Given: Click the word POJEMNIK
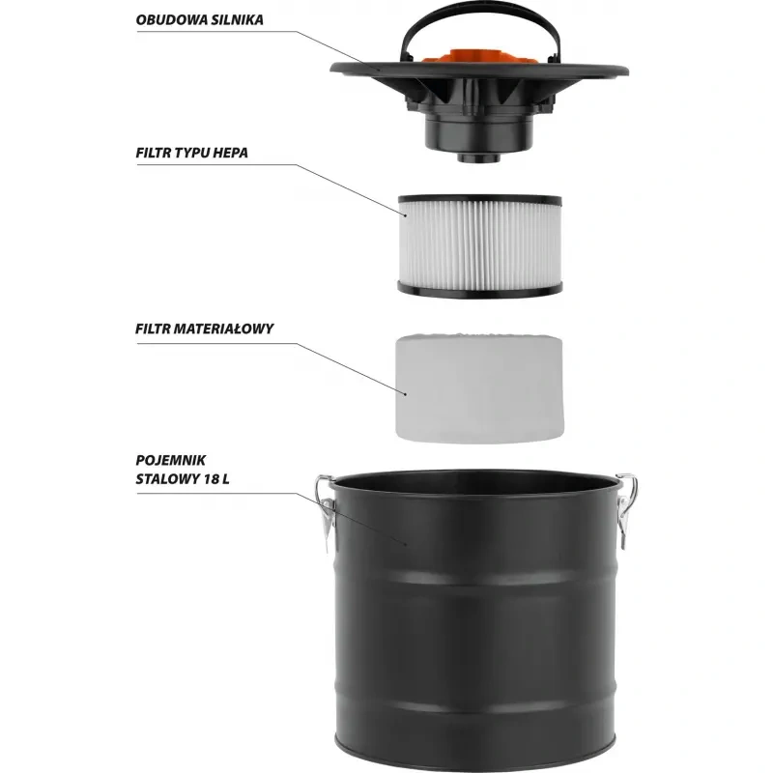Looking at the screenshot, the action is pyautogui.click(x=171, y=461).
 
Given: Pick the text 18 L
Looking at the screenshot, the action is pyautogui.click(x=215, y=479).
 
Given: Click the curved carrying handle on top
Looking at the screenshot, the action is pyautogui.click(x=479, y=11).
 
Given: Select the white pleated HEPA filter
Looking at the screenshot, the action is pyautogui.click(x=479, y=246).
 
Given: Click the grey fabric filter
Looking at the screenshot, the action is pyautogui.click(x=479, y=388).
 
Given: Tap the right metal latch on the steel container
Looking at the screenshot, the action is pyautogui.click(x=625, y=509).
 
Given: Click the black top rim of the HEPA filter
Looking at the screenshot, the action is pyautogui.click(x=479, y=200).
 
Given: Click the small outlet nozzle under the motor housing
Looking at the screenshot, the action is pyautogui.click(x=478, y=157).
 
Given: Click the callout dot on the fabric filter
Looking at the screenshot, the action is pyautogui.click(x=405, y=394).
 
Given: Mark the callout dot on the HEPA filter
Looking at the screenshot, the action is pyautogui.click(x=405, y=215).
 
